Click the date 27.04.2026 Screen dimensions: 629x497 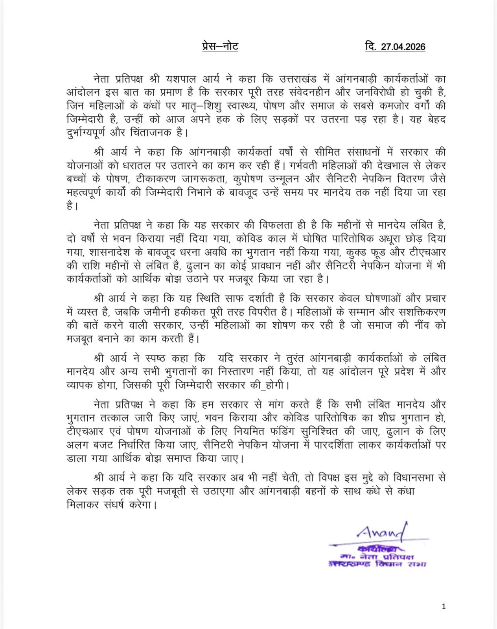coord(403,47)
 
